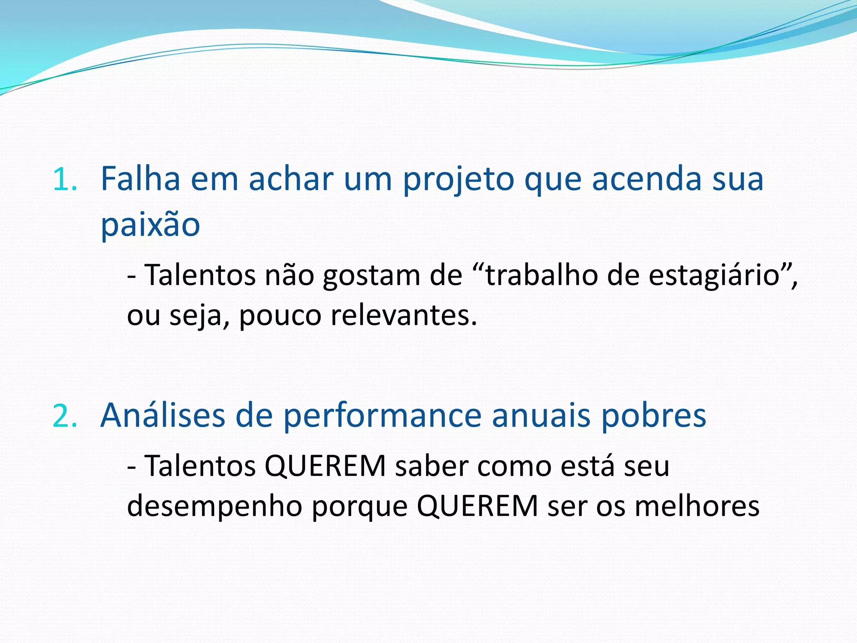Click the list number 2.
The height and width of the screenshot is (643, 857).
pyautogui.click(x=65, y=417)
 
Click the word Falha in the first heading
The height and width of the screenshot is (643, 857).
pyautogui.click(x=141, y=179)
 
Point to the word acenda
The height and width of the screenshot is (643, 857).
pyautogui.click(x=646, y=179)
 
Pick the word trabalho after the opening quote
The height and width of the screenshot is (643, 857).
pyautogui.click(x=541, y=275)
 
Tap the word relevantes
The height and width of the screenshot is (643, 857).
pyautogui.click(x=404, y=316)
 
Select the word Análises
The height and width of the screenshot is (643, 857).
pyautogui.click(x=163, y=416)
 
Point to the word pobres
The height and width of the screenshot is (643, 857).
pyautogui.click(x=654, y=416)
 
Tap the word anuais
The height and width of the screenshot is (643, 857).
pyautogui.click(x=541, y=416)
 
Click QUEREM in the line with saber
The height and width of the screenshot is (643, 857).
pyautogui.click(x=325, y=466)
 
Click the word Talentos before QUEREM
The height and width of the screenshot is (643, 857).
pyautogui.click(x=200, y=466)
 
